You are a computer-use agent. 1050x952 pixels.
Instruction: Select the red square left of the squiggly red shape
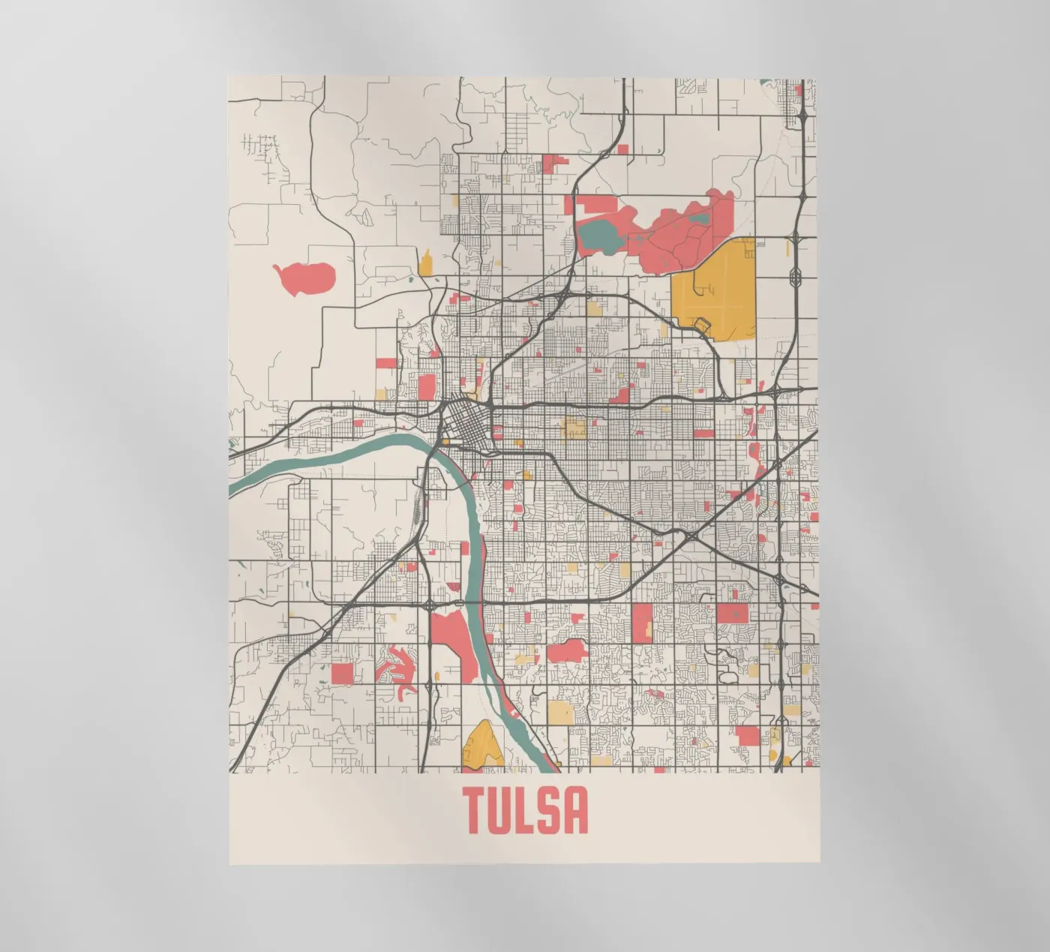coord(342,673)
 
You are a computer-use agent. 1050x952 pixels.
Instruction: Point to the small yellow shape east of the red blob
coord(425,263)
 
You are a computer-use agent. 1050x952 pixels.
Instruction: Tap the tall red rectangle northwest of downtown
coord(426,386)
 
